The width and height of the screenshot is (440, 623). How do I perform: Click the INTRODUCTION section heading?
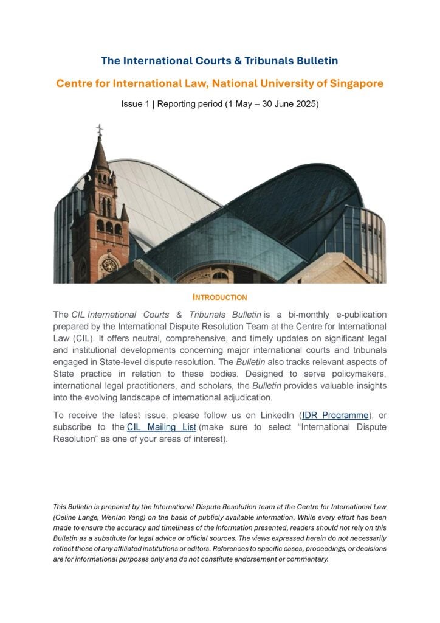tap(219, 298)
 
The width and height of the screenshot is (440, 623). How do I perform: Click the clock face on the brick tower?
tap(109, 265)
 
